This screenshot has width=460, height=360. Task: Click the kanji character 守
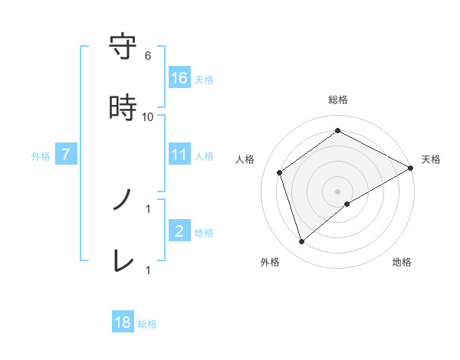click(x=123, y=47)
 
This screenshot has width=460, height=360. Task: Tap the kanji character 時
click(x=123, y=108)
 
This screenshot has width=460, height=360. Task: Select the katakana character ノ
click(x=123, y=200)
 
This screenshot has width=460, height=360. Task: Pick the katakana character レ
click(x=123, y=260)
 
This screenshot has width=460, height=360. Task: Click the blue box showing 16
click(x=179, y=78)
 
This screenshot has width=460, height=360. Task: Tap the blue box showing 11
click(x=179, y=155)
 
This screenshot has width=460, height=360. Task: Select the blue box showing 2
click(x=179, y=231)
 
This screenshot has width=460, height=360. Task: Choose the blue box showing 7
click(x=66, y=155)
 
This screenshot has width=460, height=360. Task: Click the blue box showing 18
click(x=123, y=322)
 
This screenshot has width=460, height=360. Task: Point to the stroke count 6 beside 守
click(x=148, y=56)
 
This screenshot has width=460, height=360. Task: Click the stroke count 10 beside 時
click(x=148, y=117)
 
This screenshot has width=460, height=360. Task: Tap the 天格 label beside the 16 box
click(x=204, y=79)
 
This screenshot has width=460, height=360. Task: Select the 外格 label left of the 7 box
click(x=41, y=155)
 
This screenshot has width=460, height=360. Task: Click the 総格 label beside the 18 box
click(x=147, y=323)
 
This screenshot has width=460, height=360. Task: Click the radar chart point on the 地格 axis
click(x=347, y=204)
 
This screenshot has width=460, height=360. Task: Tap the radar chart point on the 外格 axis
click(x=301, y=242)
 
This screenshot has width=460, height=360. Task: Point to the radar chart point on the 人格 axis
click(x=280, y=172)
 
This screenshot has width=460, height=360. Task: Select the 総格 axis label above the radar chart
click(x=338, y=100)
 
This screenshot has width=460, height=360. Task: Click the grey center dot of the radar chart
click(x=338, y=191)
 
